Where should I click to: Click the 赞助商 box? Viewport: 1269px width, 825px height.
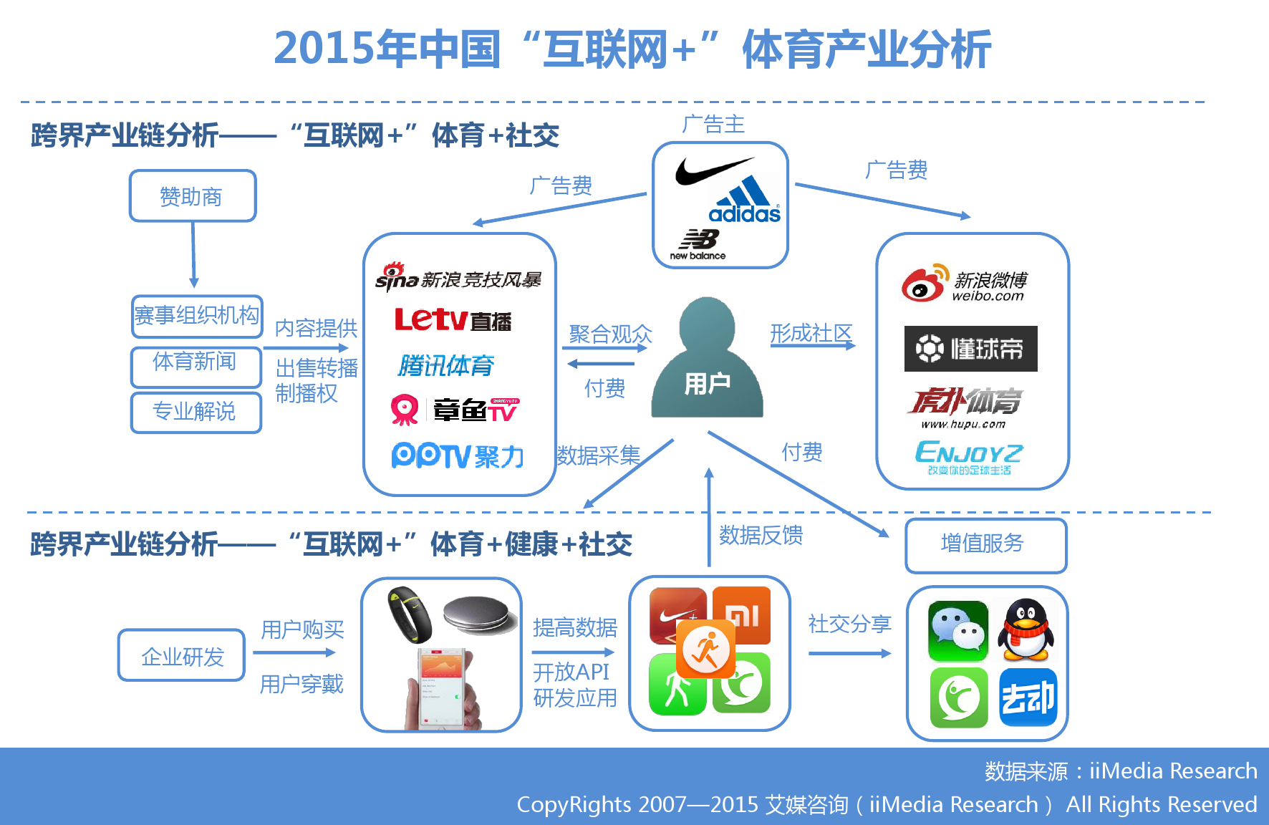pos(193,196)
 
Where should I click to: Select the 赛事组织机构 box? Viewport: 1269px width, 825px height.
pos(197,316)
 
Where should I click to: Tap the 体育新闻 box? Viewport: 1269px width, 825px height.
pos(196,366)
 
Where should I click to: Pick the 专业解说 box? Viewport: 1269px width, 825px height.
pos(196,412)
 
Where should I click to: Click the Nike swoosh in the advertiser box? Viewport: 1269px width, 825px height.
pos(713,170)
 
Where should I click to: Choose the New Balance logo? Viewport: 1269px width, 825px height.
pos(698,244)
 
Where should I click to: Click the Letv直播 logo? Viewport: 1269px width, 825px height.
pos(453,320)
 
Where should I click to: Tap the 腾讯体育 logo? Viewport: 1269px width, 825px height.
pos(446,366)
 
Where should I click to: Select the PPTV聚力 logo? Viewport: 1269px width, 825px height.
pos(458,455)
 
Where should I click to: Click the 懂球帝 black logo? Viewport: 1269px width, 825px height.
pos(970,349)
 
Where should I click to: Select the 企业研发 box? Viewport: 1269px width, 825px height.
pos(182,655)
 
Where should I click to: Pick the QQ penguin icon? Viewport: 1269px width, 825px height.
pos(1027,630)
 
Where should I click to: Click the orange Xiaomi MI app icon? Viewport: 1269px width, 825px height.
pos(743,615)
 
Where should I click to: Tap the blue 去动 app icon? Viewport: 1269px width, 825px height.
pos(1028,698)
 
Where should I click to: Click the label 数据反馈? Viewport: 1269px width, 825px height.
pos(761,535)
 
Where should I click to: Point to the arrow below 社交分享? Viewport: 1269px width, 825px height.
pos(849,653)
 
